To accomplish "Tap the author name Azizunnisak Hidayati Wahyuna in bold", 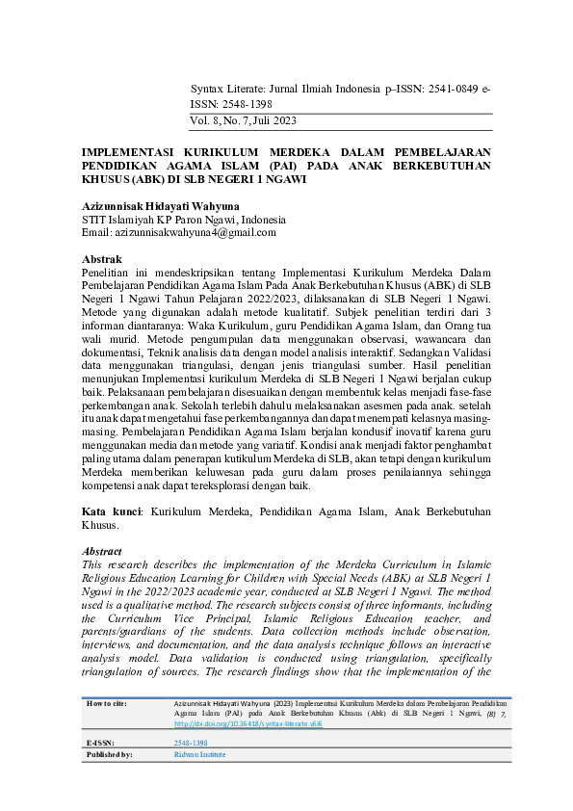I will [x=161, y=206].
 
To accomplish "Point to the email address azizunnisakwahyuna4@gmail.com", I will [x=195, y=232].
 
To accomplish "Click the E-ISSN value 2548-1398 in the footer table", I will [x=190, y=744].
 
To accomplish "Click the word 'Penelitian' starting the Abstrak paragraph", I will [x=107, y=274].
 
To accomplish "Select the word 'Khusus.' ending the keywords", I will [x=100, y=527].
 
